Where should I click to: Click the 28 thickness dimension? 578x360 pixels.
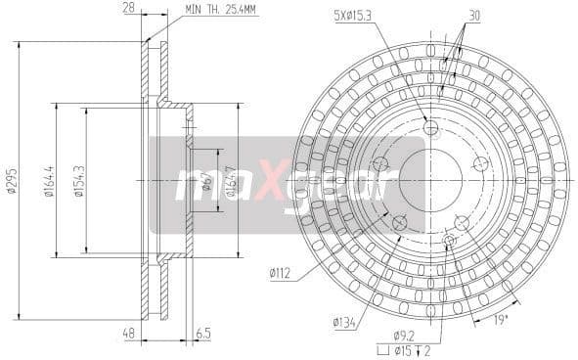point(127,9)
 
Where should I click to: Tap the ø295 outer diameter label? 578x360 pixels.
point(11,181)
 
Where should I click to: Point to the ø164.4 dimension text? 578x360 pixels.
point(48,181)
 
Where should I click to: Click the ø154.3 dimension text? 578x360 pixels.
point(78,181)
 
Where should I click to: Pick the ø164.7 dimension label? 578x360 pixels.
point(232,180)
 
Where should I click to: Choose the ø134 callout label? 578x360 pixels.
point(343,320)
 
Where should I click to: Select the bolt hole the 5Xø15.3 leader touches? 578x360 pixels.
point(430,128)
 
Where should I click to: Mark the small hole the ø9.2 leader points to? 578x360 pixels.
point(450,240)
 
